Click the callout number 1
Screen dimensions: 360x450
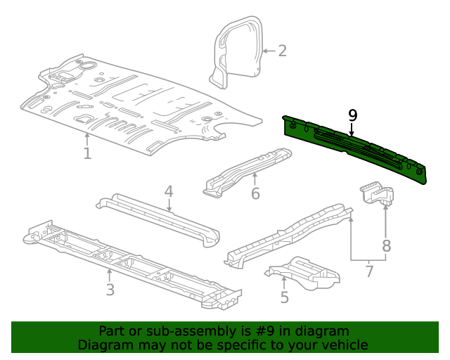[87, 153]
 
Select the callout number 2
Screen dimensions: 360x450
[282, 51]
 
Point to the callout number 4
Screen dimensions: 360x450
[169, 191]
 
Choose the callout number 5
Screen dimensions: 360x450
[284, 297]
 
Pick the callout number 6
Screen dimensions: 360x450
[255, 193]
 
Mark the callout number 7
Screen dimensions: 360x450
[368, 270]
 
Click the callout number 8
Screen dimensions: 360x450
[386, 246]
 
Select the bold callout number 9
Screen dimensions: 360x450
[352, 115]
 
